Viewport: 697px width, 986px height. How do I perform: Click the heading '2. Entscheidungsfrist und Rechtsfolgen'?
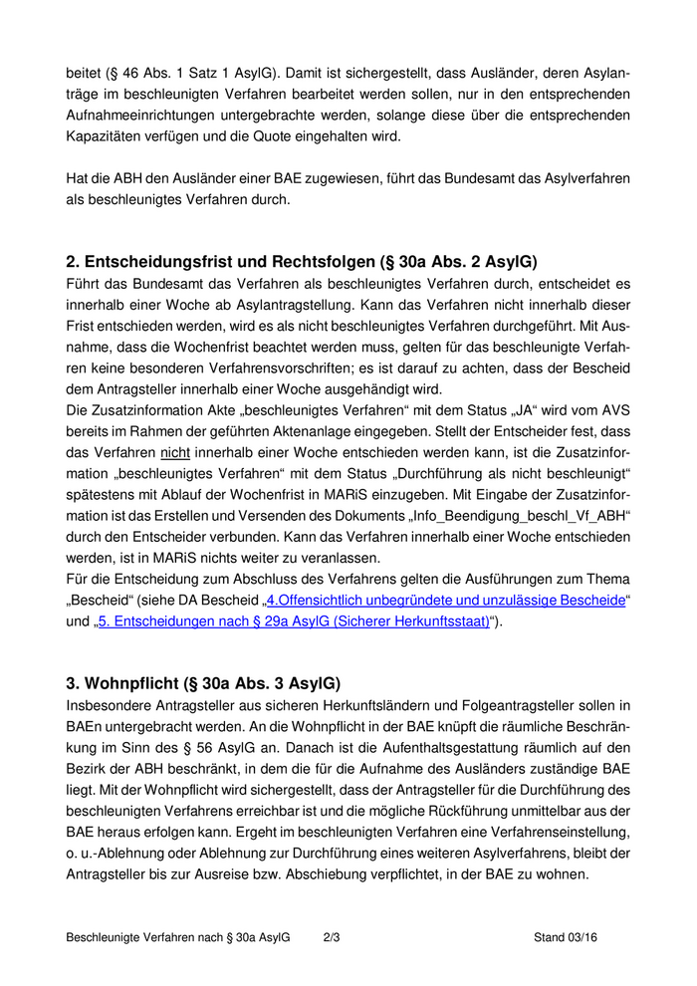(x=301, y=262)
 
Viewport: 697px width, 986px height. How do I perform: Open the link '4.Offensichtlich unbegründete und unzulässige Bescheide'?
(x=445, y=600)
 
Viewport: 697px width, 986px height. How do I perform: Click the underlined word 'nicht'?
(x=174, y=452)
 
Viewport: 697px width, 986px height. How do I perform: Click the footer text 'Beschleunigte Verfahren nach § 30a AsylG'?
(x=177, y=937)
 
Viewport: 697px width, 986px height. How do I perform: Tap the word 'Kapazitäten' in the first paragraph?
(x=105, y=136)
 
